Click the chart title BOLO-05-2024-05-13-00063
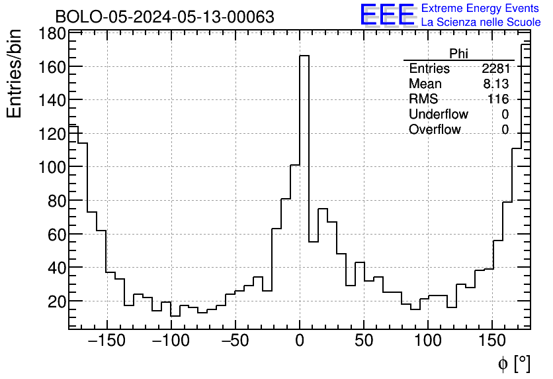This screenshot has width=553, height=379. point(164,17)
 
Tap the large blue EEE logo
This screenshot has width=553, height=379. point(387,15)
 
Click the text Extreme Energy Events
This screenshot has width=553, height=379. point(481,9)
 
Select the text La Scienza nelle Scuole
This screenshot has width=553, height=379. point(481,22)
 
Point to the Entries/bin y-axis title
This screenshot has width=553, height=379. point(15,74)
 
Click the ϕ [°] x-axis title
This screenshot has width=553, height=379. point(513,363)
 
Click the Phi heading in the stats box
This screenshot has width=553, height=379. point(458,54)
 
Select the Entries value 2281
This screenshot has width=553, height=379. point(495,69)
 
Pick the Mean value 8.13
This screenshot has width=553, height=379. point(496,84)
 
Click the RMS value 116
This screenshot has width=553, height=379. point(498,99)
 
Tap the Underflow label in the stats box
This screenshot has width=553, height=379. point(438,115)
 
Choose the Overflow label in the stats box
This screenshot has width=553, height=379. point(435,130)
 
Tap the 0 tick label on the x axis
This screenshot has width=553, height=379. point(300,341)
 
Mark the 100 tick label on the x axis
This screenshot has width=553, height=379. point(428,341)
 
